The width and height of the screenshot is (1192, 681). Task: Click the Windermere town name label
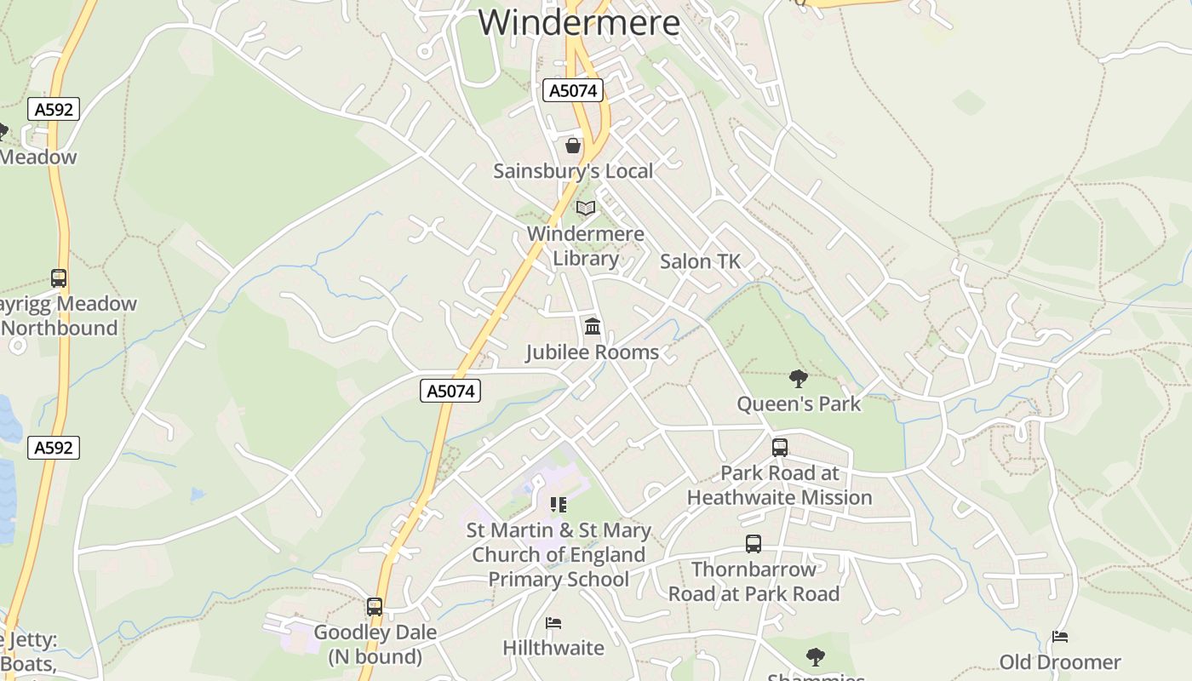(579, 22)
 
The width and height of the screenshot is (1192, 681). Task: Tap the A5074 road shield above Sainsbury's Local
(573, 90)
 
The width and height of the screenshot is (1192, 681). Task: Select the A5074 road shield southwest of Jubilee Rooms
(450, 391)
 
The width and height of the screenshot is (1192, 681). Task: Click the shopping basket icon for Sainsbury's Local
(573, 146)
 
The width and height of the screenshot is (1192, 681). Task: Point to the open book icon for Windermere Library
(585, 208)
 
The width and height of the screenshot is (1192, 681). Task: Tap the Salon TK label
(700, 261)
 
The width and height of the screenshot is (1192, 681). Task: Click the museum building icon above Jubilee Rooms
(592, 326)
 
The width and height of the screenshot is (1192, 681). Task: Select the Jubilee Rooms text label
(592, 352)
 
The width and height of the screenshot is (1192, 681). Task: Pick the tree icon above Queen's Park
(798, 379)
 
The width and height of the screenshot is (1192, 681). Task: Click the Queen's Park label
(799, 403)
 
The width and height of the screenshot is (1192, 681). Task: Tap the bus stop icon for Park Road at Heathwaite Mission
(779, 448)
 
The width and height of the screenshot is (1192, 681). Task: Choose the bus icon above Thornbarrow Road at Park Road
(753, 544)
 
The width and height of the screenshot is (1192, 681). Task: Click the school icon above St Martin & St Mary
(559, 505)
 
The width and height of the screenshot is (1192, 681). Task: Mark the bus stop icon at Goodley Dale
(375, 607)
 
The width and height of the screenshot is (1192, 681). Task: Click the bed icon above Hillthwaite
(553, 623)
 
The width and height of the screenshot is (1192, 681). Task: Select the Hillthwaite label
(553, 648)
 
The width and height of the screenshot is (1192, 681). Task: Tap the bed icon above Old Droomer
(1059, 637)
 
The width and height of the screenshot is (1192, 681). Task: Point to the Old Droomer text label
(1059, 661)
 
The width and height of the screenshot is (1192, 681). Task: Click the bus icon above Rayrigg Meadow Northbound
(58, 278)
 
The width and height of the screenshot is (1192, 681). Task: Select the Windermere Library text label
(585, 245)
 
